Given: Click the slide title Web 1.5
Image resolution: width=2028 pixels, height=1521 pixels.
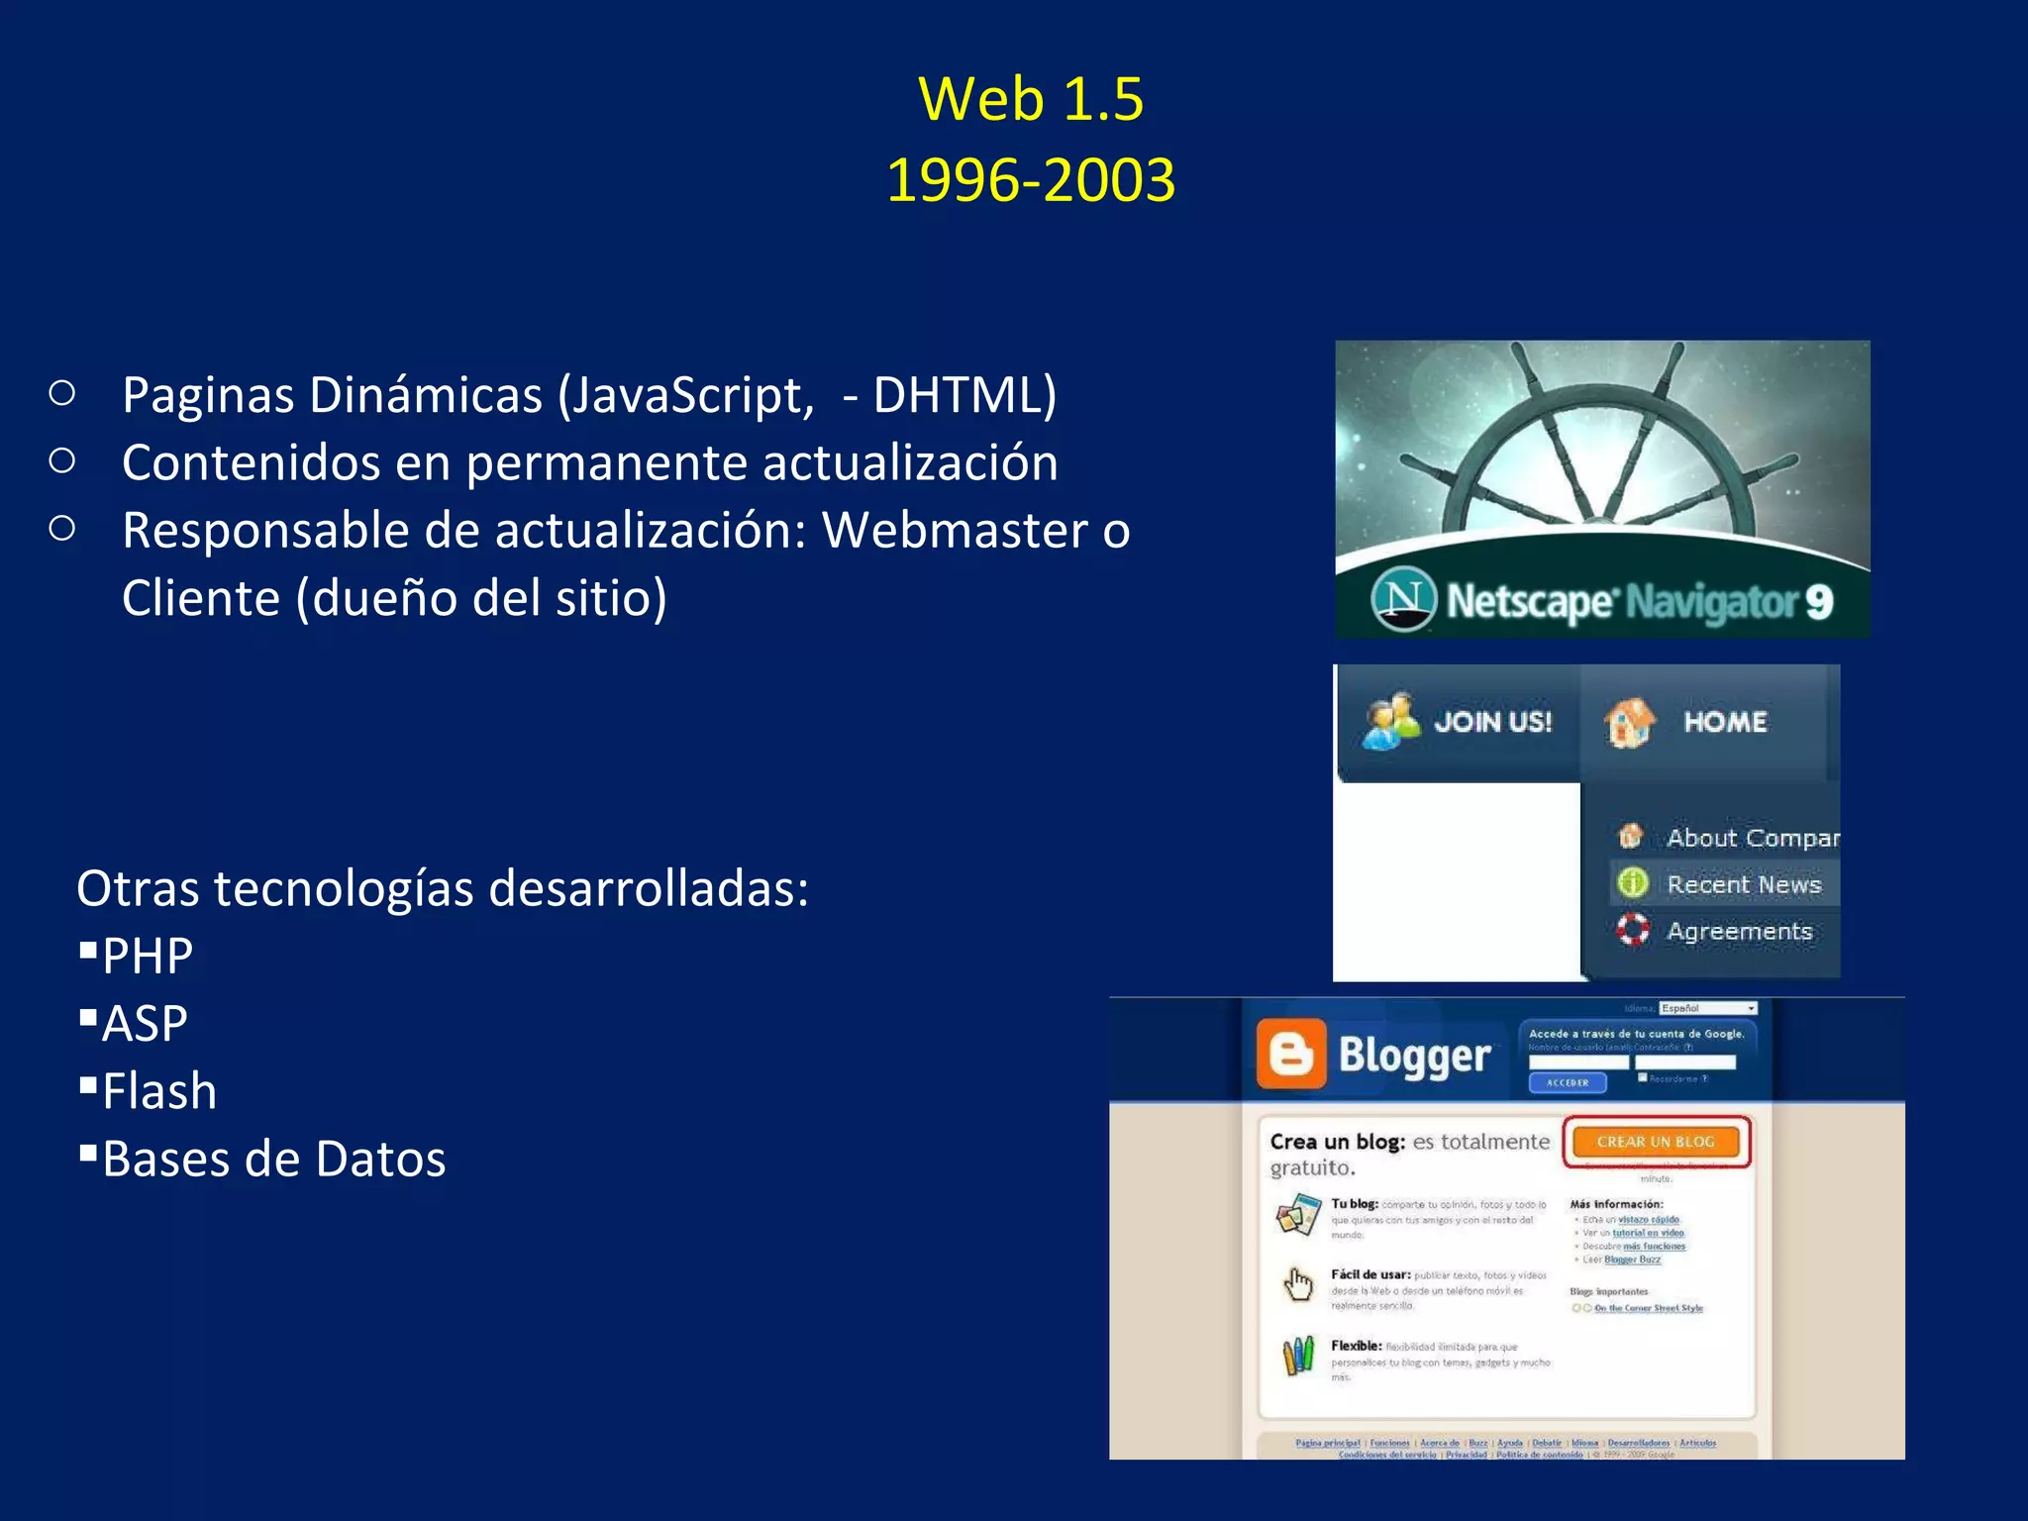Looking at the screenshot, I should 1031,99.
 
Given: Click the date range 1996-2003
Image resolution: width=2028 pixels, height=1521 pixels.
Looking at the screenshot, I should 1031,180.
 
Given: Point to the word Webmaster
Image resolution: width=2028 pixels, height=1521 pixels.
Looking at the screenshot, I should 956,531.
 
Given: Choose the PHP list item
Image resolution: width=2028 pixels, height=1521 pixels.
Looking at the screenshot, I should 148,957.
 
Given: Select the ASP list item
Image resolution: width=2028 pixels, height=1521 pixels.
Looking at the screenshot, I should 145,1024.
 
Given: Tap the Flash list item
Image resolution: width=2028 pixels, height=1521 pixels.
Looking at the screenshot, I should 159,1091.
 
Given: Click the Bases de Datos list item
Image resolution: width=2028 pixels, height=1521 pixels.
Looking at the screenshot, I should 274,1160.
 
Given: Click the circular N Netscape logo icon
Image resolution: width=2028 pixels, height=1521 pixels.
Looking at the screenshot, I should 1403,599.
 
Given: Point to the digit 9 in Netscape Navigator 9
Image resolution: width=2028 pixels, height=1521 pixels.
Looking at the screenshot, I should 1818,602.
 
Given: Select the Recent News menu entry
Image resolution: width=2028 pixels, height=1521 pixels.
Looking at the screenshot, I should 1743,884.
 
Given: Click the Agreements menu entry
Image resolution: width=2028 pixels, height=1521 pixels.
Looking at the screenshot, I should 1739,931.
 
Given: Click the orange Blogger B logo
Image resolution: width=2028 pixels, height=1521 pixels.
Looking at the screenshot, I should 1291,1055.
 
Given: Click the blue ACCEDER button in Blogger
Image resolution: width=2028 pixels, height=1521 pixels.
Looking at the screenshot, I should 1568,1082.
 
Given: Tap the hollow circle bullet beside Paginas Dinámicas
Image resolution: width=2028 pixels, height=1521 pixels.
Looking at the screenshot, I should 62,394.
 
